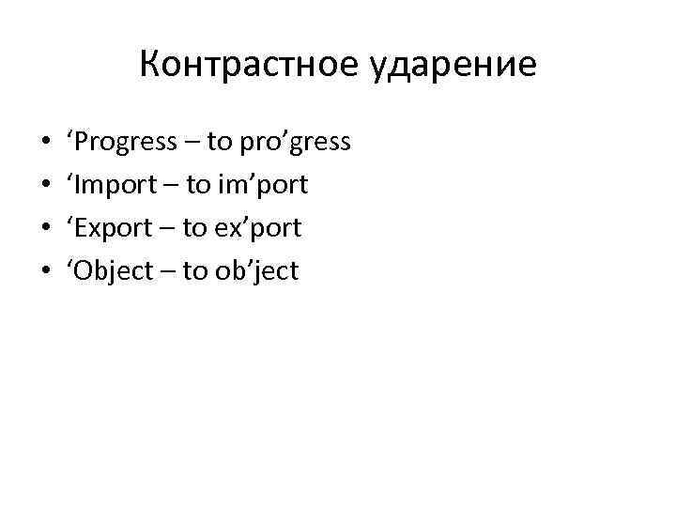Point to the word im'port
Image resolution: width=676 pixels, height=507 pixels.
(261, 186)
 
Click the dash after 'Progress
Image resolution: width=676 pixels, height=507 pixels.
(192, 144)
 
